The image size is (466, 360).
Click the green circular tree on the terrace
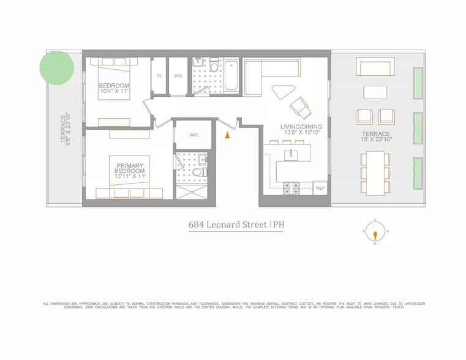tap(57, 67)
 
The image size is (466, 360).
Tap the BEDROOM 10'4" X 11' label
tap(115, 89)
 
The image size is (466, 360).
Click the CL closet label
tap(159, 76)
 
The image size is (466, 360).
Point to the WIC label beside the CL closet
tap(178, 76)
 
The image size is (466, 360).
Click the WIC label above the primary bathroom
tap(194, 135)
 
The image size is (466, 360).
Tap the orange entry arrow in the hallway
tap(228, 135)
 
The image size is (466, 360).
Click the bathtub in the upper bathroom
tap(231, 77)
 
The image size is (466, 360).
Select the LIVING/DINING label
tap(298, 130)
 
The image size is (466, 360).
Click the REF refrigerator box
tap(320, 188)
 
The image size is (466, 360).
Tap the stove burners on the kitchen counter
tap(291, 189)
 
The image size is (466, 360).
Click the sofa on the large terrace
tap(376, 67)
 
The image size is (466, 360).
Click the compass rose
tap(374, 232)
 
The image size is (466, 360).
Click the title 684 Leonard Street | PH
tap(236, 224)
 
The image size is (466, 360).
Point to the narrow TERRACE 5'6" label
tap(66, 128)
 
